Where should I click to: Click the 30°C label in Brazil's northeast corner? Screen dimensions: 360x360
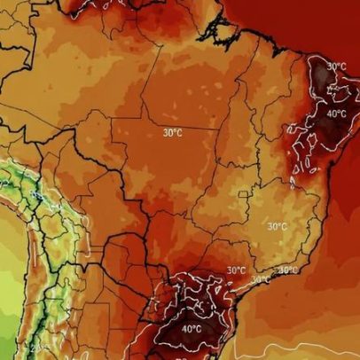pos(337,67)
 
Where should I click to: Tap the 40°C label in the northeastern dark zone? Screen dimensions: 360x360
pos(337,113)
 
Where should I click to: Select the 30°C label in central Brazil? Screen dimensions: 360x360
pos(173,133)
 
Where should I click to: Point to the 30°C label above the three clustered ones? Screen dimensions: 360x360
pos(278,226)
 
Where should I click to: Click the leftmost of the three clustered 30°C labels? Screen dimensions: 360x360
pos(236,270)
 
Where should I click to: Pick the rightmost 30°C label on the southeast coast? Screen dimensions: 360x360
pos(288,270)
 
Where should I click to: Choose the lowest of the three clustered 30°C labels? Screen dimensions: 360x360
pos(260,280)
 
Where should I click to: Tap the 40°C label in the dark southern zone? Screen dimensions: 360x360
pos(192,329)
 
